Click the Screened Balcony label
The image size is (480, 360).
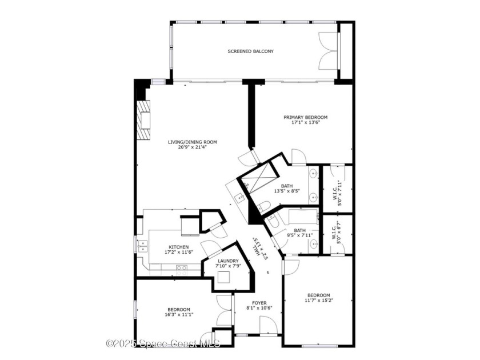click(x=250, y=51)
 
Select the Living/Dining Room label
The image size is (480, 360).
click(x=192, y=142)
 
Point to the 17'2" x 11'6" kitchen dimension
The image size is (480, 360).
click(x=178, y=252)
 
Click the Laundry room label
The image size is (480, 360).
click(x=227, y=261)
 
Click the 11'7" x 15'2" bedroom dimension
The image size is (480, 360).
click(x=318, y=301)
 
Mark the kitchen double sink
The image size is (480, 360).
click(x=142, y=246)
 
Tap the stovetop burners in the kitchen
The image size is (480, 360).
click(x=181, y=268)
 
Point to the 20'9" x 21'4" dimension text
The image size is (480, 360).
click(x=192, y=147)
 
